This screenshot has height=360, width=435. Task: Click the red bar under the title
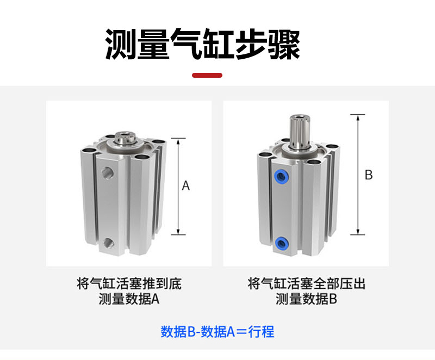click(207, 75)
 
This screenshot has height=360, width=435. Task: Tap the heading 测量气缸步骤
click(202, 45)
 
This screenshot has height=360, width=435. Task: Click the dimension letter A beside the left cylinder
click(186, 185)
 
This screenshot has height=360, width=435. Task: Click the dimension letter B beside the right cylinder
click(369, 175)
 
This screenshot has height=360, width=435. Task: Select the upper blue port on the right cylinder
click(281, 176)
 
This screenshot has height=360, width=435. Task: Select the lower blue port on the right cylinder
click(281, 243)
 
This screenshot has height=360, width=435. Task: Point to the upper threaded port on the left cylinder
click(107, 173)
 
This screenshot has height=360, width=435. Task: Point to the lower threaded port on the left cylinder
click(108, 243)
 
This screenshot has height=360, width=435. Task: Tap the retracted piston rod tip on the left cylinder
click(125, 138)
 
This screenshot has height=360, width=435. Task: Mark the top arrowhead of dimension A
click(178, 141)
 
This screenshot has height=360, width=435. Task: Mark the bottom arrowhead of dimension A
click(178, 232)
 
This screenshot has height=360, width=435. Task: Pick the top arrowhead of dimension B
click(358, 117)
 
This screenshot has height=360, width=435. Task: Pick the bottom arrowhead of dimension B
click(358, 232)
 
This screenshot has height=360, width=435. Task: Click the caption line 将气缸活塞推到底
click(129, 283)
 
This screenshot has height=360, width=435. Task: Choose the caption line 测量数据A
click(129, 299)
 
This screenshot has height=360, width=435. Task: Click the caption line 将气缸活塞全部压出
click(306, 283)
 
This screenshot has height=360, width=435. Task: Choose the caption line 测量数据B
click(306, 299)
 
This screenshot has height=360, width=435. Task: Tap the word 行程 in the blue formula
click(261, 331)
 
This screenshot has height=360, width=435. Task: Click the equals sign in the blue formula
click(241, 332)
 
